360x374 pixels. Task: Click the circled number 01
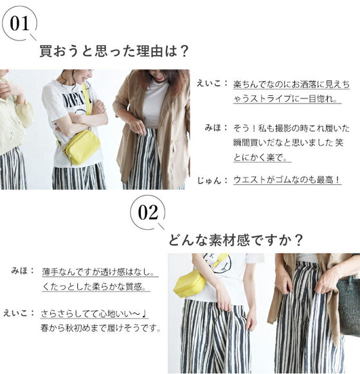(19, 24)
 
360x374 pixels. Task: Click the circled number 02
(148, 212)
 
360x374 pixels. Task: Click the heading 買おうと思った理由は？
(114, 51)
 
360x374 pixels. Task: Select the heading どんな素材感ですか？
(235, 239)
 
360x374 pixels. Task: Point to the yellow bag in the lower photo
(190, 283)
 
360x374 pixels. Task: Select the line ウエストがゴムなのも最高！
(287, 180)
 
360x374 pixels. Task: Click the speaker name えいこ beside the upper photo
(210, 84)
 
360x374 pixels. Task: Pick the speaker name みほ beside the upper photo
(213, 127)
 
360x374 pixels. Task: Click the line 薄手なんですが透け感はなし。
(99, 272)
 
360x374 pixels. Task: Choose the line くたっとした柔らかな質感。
(94, 286)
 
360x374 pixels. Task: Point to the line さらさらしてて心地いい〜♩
(94, 313)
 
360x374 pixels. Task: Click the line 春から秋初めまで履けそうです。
(101, 328)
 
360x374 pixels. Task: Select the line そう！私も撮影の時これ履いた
(291, 128)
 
